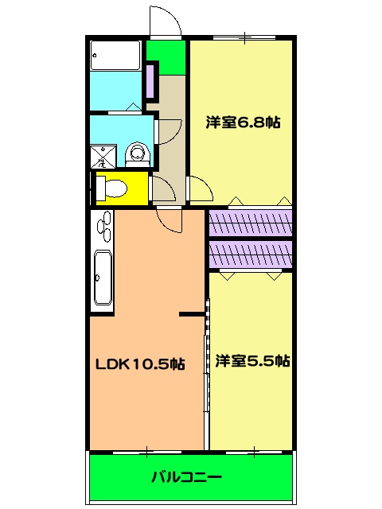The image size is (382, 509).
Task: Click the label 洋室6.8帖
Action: click(x=243, y=122)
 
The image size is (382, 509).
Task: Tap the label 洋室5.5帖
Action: click(x=252, y=360)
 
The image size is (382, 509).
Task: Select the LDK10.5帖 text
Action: click(x=141, y=364)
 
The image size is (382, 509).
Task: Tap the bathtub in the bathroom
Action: click(x=115, y=55)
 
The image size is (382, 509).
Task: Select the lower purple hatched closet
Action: click(x=251, y=254)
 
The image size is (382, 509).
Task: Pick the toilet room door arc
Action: click(x=162, y=189)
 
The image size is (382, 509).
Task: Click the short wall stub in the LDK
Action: click(x=192, y=315)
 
